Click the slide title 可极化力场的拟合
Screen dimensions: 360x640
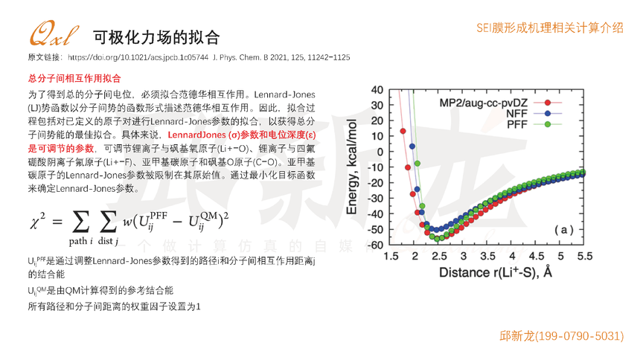coord(156,36)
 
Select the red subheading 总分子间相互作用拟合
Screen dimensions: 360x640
coord(74,78)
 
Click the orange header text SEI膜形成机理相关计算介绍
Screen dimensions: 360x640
coord(550,28)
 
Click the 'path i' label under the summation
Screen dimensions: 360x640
coord(81,241)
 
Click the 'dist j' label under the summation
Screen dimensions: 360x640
coord(109,241)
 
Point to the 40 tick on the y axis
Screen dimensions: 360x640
coord(377,90)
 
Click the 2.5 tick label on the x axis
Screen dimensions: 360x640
coord(439,256)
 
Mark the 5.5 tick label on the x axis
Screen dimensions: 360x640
coord(584,256)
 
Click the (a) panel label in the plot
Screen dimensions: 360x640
coord(562,230)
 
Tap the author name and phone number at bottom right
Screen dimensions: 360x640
coord(561,336)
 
